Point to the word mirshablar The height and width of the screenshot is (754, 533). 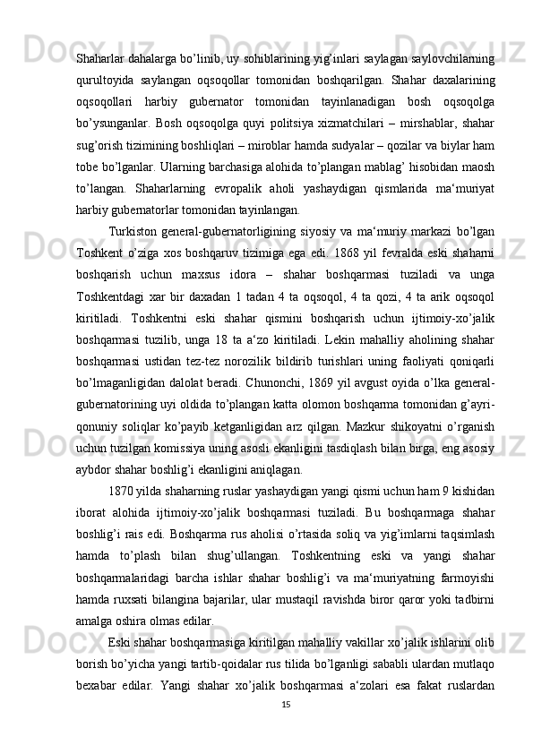point(406,122)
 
